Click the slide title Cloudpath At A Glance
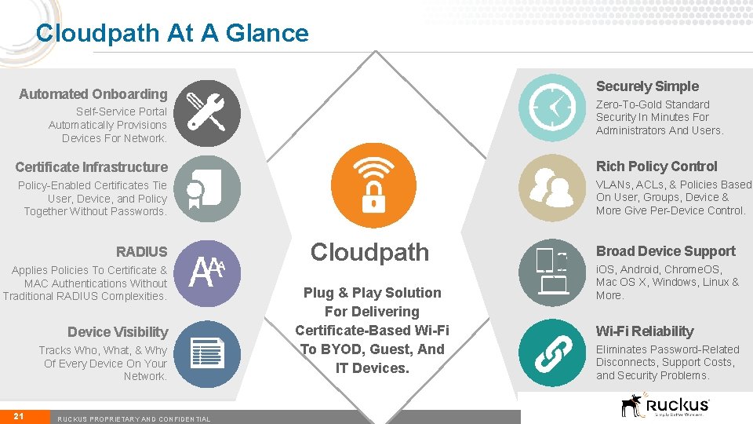(173, 33)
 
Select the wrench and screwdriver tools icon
(206, 113)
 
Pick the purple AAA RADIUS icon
(206, 272)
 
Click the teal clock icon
(553, 108)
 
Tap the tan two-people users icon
(553, 188)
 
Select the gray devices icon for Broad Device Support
(553, 272)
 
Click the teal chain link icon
(553, 353)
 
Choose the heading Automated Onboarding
(93, 94)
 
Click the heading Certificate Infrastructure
(91, 166)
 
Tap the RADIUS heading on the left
(141, 251)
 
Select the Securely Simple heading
(647, 86)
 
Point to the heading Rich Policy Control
(657, 166)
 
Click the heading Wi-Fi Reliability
(645, 331)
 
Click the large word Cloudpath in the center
(369, 252)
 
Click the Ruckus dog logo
(631, 405)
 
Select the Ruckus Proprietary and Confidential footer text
(134, 419)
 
